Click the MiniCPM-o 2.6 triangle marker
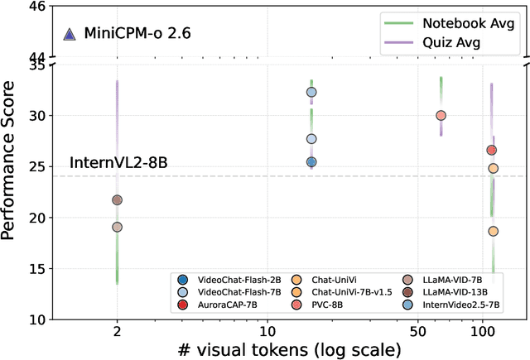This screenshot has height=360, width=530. click(70, 34)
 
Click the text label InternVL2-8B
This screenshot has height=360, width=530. click(118, 163)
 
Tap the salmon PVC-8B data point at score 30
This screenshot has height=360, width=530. click(441, 116)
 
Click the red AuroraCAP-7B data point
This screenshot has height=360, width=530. click(491, 150)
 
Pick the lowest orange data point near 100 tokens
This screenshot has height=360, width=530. click(493, 231)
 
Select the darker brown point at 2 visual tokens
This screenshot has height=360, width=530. click(117, 199)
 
